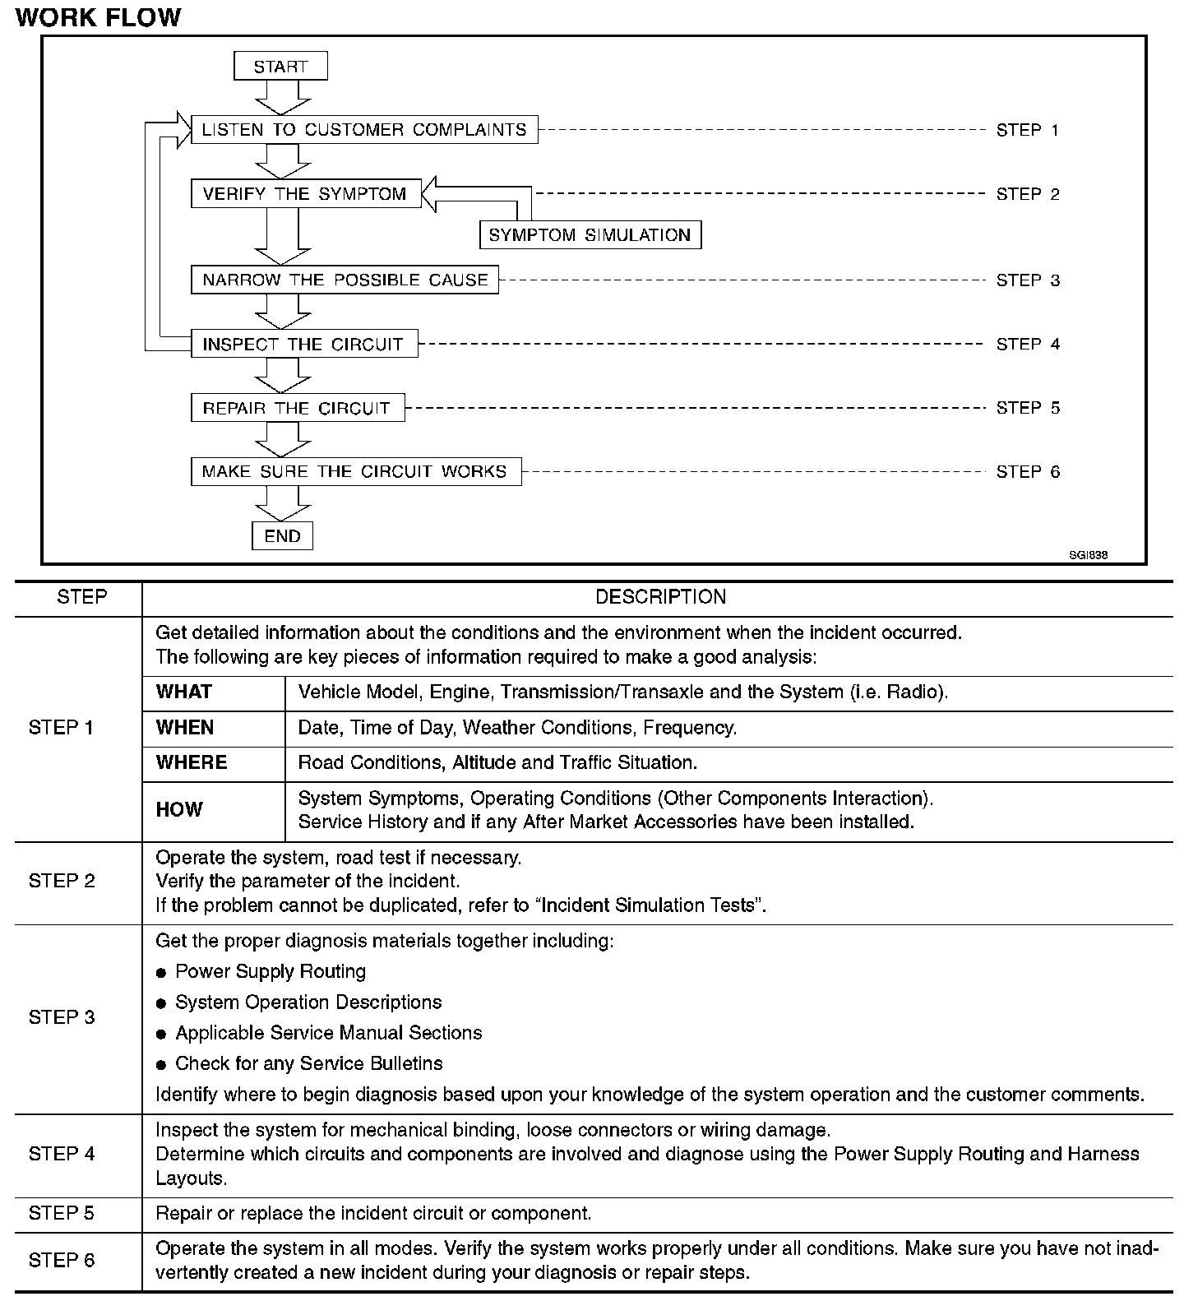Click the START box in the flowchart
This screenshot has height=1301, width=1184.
point(280,66)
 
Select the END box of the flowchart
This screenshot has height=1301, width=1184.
point(282,535)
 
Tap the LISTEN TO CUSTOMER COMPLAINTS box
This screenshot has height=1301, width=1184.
point(364,130)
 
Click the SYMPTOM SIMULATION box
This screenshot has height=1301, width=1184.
point(590,234)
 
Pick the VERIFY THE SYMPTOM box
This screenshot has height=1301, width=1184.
point(305,193)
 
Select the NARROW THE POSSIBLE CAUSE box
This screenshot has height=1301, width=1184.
point(345,280)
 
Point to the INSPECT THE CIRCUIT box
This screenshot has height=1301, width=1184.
point(303,344)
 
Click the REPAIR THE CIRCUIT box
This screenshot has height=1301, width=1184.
point(297,408)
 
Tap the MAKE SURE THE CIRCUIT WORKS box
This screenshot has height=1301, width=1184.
point(355,471)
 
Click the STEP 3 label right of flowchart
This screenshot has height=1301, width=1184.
point(1028,280)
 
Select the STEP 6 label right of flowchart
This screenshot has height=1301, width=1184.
point(1028,472)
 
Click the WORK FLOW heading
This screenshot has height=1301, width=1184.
point(98,17)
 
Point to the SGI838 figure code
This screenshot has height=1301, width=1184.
point(1088,555)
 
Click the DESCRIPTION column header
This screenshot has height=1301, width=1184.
point(660,597)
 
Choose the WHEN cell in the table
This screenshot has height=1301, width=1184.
point(185,728)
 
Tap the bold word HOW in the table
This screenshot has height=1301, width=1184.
point(179,810)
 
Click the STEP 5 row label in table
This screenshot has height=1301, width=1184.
point(62,1213)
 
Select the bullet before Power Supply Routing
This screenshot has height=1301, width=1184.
point(161,973)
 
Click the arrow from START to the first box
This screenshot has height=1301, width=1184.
point(282,97)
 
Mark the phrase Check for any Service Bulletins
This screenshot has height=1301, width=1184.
point(308,1063)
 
